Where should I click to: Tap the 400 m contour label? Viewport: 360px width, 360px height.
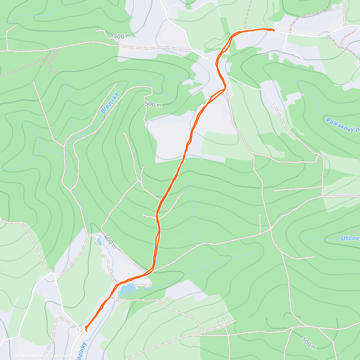point(110,242)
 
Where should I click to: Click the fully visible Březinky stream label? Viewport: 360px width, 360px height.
point(110,103)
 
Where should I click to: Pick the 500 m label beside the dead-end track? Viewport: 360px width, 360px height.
point(153,104)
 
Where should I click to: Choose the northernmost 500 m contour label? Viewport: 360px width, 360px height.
point(122,36)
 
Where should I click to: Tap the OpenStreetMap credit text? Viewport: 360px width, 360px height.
point(61,356)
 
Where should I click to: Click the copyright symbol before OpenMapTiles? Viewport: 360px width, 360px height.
point(17,356)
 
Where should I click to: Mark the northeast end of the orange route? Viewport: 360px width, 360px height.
point(273,30)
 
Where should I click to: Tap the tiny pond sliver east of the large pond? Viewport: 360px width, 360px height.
point(148,288)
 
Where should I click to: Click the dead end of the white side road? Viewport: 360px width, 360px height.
point(303,58)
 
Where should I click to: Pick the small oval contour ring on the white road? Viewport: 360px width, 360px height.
point(325,35)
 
